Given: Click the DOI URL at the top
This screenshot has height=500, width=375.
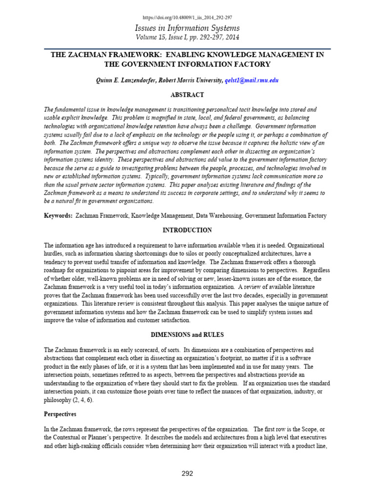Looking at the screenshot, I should (x=187, y=18).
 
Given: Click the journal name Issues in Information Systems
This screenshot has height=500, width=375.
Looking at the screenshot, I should (x=187, y=28).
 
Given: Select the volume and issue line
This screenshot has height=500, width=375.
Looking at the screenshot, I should (x=187, y=38).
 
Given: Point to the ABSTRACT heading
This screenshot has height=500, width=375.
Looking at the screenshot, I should (x=187, y=95).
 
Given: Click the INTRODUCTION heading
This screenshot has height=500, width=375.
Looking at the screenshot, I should (x=187, y=230).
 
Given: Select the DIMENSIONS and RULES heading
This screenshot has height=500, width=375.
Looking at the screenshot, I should (x=187, y=335).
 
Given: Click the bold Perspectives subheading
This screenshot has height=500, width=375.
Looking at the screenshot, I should (x=60, y=414).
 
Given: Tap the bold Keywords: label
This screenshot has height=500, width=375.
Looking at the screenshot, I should (x=59, y=215).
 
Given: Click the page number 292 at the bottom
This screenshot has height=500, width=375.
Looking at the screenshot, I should (x=187, y=473).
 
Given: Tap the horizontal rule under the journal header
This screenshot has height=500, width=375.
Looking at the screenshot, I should (x=187, y=49).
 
